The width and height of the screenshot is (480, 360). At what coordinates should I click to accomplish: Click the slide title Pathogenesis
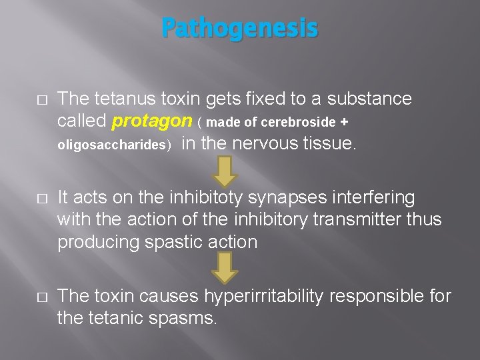[240, 29]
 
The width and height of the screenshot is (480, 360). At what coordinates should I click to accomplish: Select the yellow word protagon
[152, 122]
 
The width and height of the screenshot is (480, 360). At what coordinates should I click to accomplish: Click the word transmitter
[367, 219]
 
